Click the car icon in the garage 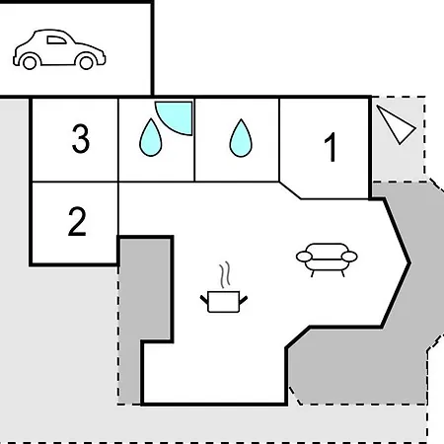59,49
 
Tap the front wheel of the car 87,62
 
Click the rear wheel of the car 30,62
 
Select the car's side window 56,40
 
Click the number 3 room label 81,138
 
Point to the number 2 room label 77,221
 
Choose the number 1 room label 331,147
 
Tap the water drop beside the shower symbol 151,137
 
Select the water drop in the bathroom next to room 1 241,138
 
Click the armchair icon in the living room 327,259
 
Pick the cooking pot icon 224,301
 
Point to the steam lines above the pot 225,274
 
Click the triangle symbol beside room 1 396,124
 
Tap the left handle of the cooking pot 204,299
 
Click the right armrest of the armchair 349,257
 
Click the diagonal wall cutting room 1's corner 290,190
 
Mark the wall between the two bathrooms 194,140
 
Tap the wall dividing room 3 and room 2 75,182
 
